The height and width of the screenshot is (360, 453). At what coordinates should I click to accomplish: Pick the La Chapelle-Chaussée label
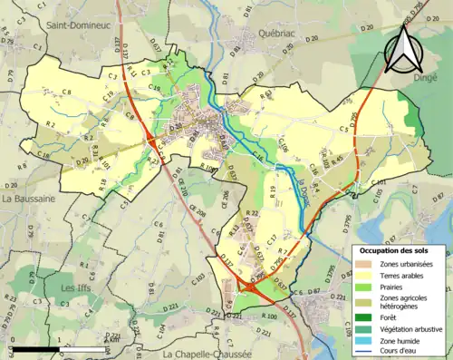(206, 352)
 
